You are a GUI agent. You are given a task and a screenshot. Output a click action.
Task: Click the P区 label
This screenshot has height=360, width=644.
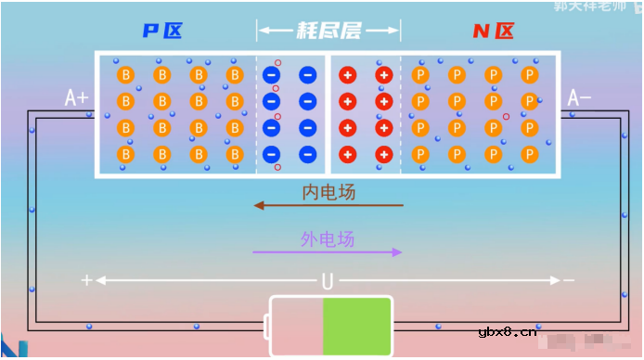[x=161, y=31]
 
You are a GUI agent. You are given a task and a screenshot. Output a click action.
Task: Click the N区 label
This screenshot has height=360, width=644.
[x=493, y=31]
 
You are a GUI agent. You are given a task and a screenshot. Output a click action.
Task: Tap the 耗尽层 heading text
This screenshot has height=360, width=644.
[x=328, y=31]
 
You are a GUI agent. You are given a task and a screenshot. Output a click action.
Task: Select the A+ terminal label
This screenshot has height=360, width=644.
[x=76, y=97]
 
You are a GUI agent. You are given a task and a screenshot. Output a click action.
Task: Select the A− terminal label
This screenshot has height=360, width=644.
[x=580, y=97]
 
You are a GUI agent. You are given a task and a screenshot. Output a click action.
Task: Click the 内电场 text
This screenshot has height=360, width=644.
[x=328, y=192]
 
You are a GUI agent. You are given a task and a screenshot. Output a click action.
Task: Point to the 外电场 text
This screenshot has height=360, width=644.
[x=328, y=238]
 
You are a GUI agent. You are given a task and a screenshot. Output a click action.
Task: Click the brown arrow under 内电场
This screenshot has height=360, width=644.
[x=328, y=205]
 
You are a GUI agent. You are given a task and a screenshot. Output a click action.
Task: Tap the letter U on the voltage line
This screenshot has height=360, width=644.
[x=328, y=280]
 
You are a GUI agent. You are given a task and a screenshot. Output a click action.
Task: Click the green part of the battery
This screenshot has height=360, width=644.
[x=357, y=326]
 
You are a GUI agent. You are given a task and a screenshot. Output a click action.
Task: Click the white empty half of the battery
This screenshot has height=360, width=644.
[x=296, y=326]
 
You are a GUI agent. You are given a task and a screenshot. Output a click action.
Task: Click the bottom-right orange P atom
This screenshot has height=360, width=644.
[x=529, y=154]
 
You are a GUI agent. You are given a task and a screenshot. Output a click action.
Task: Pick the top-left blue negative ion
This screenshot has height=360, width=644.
[x=272, y=74]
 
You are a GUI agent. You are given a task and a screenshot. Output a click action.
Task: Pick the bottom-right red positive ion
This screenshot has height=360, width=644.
[x=383, y=154]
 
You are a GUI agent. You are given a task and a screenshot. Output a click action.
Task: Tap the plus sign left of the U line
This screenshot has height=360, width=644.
[x=87, y=280]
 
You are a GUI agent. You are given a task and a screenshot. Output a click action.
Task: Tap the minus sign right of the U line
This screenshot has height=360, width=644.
[x=568, y=280]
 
